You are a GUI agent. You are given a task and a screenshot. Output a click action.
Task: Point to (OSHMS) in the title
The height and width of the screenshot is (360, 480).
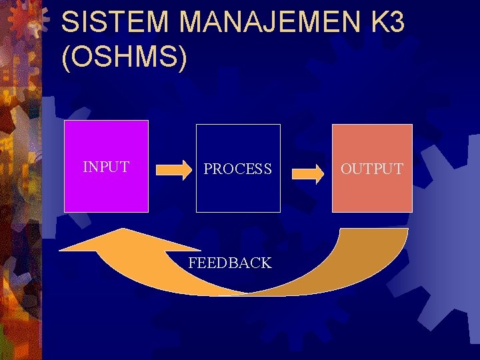pyautogui.click(x=124, y=57)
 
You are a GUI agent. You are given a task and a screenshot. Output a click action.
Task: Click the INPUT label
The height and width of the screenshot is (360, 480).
pyautogui.click(x=106, y=167)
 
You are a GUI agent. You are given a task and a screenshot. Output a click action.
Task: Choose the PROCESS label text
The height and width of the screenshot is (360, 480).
pyautogui.click(x=237, y=169)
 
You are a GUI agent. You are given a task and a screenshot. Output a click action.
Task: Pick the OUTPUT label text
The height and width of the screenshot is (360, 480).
pyautogui.click(x=372, y=169)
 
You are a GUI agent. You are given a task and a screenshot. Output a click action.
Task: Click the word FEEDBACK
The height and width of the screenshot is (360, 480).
pyautogui.click(x=230, y=263)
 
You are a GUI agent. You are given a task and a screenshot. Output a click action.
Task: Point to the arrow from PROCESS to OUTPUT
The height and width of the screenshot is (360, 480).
pyautogui.click(x=307, y=173)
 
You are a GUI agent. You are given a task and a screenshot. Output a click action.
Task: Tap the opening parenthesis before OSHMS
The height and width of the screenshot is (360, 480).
pyautogui.click(x=65, y=59)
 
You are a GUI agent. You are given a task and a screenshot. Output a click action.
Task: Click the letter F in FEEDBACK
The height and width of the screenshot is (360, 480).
pyautogui.click(x=193, y=263)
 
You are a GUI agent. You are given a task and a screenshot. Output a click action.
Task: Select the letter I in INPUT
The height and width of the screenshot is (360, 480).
pyautogui.click(x=85, y=167)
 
